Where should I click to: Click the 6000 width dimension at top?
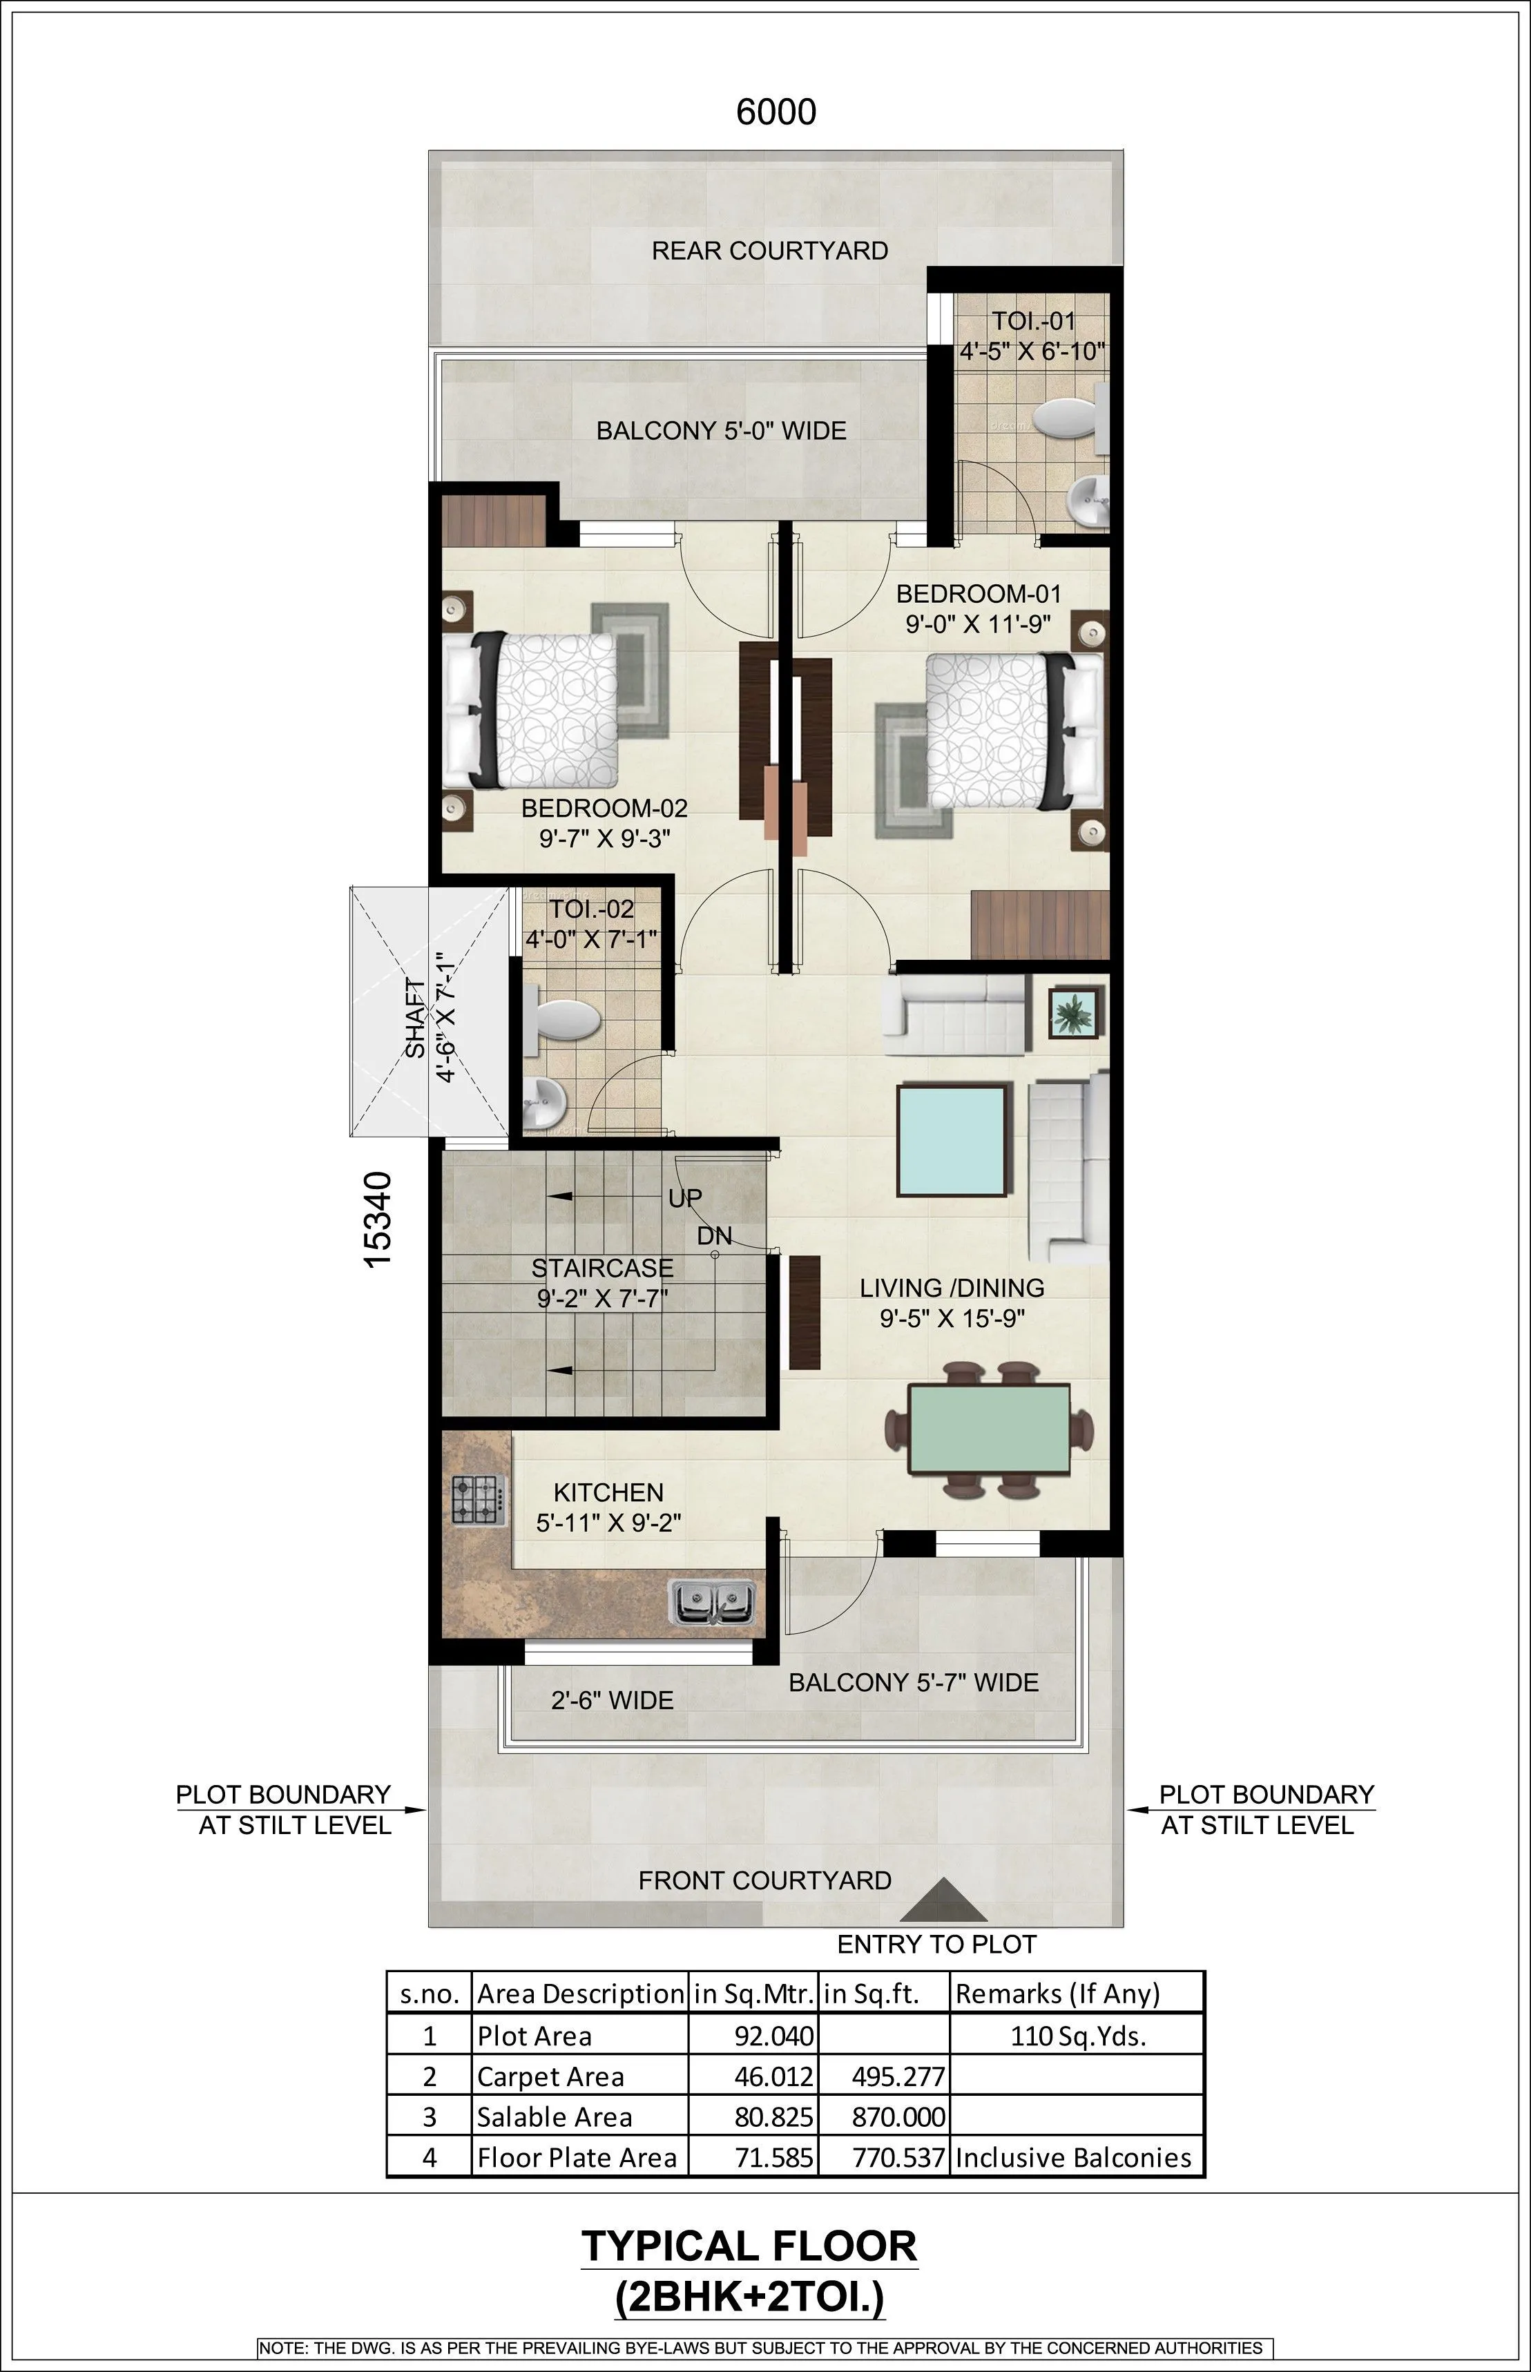click(776, 111)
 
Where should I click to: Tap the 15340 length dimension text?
click(378, 1219)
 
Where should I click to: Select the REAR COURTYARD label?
click(769, 251)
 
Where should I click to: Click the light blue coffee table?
click(952, 1140)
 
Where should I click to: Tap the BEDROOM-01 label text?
click(979, 595)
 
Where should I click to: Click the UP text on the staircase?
click(685, 1198)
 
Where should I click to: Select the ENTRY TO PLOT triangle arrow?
click(943, 1901)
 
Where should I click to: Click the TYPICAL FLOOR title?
click(749, 2246)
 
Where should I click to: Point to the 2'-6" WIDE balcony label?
click(613, 1700)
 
